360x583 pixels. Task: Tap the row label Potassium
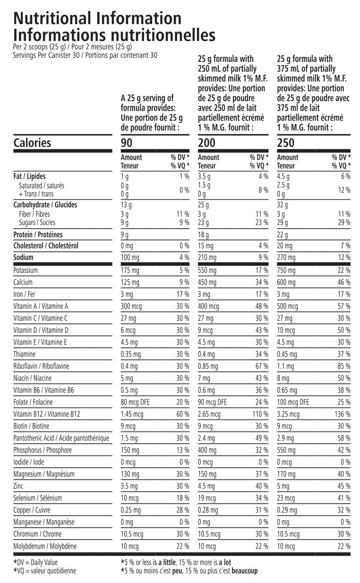click(26, 271)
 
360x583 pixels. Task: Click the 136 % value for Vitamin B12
click(342, 414)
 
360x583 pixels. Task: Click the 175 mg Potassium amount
click(130, 271)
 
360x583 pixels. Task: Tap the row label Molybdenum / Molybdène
click(45, 546)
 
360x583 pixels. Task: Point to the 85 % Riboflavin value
click(344, 366)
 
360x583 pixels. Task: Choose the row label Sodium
click(24, 257)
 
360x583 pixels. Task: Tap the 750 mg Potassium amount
click(287, 271)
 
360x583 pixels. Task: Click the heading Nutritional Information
click(97, 18)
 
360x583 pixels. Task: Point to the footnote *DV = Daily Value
click(35, 563)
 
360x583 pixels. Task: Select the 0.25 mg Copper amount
click(131, 510)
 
